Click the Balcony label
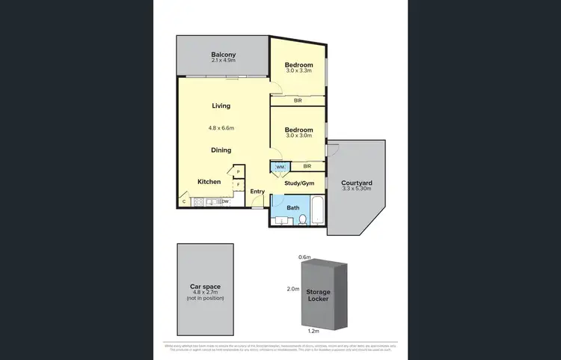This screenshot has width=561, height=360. coord(223,55)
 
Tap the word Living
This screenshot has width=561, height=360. coord(221,106)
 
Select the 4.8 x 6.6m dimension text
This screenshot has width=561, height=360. coord(221,127)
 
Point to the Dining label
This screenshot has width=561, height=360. coord(221,150)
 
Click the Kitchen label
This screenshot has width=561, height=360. coord(209,182)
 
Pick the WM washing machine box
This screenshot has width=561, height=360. coord(280,167)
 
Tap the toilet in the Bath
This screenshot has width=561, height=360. coord(301,218)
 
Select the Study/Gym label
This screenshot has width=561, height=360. coord(299,182)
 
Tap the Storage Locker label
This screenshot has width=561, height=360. coord(318,296)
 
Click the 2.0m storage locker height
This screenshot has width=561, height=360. coord(294,288)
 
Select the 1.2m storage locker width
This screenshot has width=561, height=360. coord(314,330)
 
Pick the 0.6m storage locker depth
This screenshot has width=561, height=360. coord(304,257)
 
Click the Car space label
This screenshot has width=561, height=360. coord(204,287)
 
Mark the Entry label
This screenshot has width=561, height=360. coord(257,192)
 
